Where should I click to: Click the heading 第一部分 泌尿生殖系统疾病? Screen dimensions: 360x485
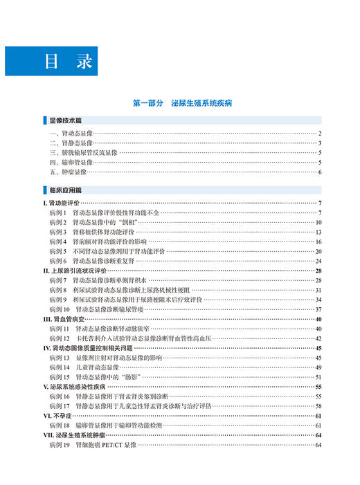[182, 102]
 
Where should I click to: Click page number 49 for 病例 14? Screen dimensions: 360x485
[318, 367]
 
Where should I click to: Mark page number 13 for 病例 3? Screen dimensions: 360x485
[318, 232]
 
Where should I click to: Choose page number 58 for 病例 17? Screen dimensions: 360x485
[318, 406]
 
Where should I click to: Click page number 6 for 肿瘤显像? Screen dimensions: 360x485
[320, 172]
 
